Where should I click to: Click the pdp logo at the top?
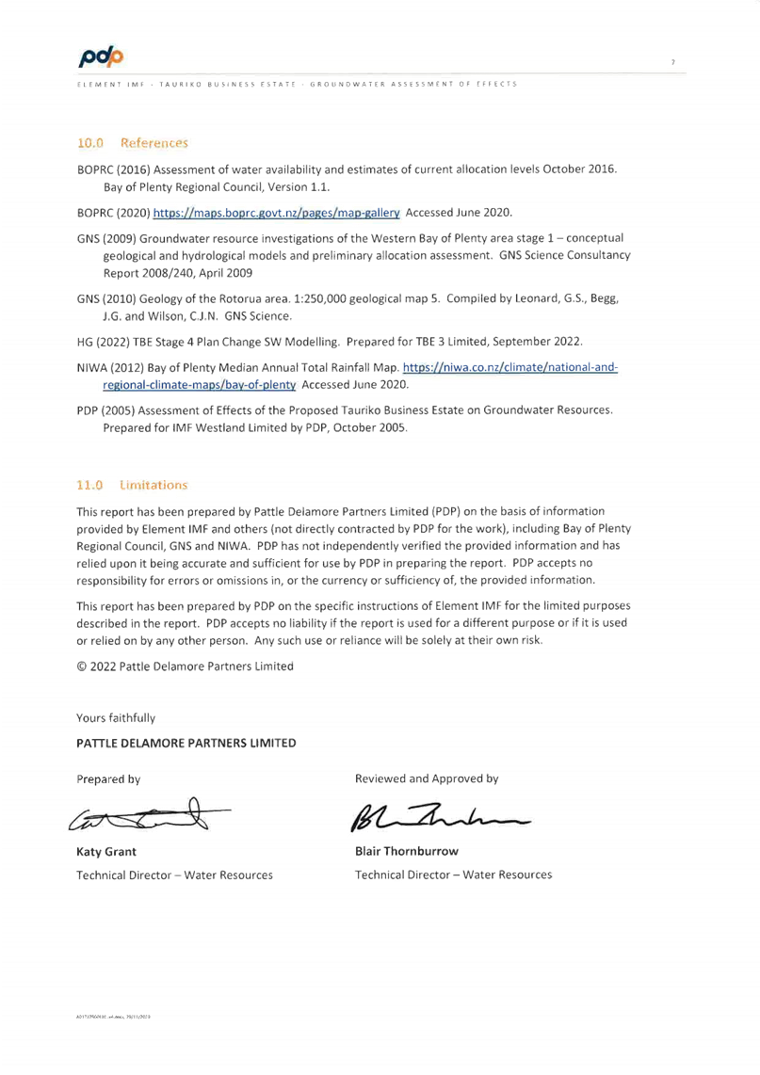coord(102,57)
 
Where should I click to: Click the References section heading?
coord(154,143)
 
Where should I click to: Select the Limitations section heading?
coord(154,485)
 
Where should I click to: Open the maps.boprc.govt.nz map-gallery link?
coord(277,214)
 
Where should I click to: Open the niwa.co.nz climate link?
coord(510,367)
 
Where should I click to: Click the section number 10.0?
coord(90,143)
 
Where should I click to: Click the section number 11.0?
coord(90,485)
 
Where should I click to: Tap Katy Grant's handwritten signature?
coord(141,817)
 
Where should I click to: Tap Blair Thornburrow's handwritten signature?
coord(438,817)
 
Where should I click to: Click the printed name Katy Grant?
coord(106,852)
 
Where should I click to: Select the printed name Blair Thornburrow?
coord(407,852)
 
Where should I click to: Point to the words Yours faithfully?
coord(116,718)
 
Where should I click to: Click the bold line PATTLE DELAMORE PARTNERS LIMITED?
coord(186,744)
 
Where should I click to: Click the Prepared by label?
coord(108,779)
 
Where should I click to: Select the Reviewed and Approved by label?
coord(427,779)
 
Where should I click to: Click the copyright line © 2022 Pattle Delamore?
coord(185,666)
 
